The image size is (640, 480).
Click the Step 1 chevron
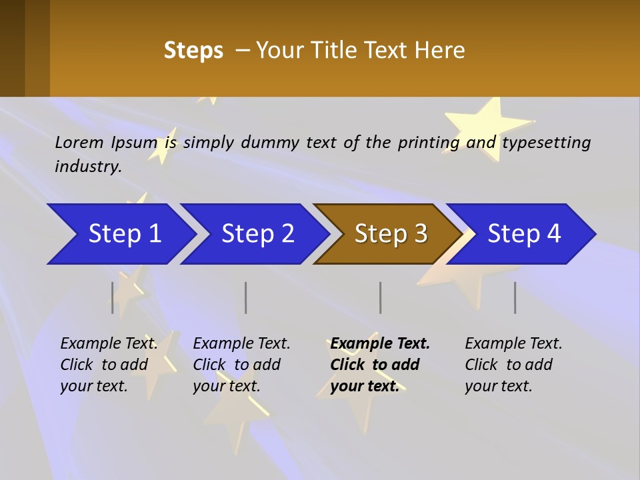124,234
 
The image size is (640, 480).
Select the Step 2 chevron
257,234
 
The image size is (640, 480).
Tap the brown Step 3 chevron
391,234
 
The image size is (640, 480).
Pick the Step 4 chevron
524,234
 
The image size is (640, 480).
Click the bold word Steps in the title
193,51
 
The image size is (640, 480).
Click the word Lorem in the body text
79,143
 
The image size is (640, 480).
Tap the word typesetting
546,143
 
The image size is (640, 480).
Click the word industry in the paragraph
87,167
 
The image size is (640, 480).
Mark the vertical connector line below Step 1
113,297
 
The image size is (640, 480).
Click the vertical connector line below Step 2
246,297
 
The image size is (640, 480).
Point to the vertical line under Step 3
381,297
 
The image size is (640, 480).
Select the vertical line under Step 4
515,297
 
